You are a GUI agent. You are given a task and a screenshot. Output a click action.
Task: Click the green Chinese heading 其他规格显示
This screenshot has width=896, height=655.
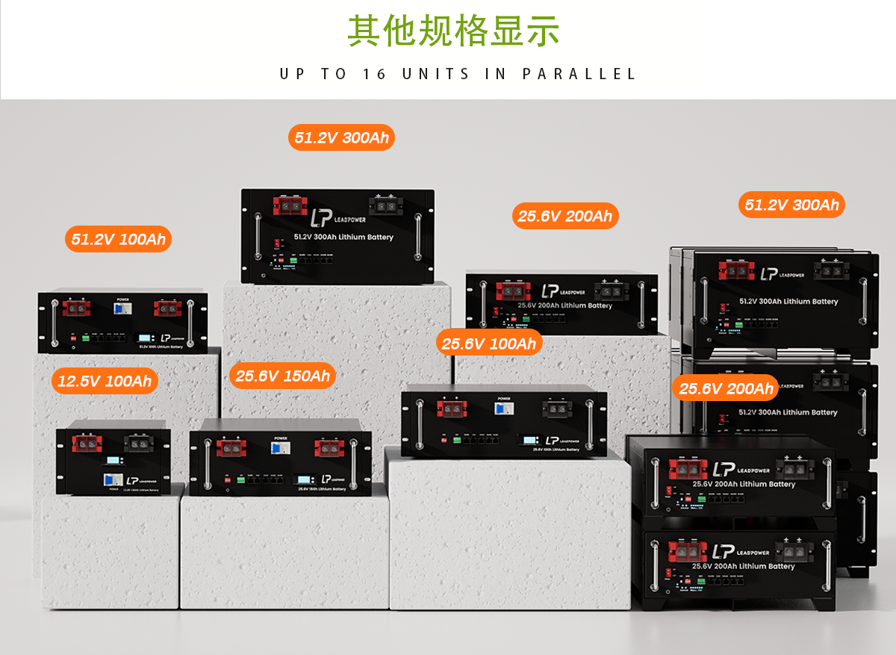click(453, 30)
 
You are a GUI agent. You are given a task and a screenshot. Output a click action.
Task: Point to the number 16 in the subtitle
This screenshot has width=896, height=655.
click(374, 74)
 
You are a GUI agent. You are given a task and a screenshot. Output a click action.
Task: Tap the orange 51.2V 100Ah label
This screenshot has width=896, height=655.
click(119, 240)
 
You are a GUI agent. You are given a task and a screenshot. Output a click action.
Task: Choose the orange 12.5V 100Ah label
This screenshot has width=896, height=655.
click(105, 382)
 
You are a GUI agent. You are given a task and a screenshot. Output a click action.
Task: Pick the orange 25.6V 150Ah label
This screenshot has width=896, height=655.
click(282, 376)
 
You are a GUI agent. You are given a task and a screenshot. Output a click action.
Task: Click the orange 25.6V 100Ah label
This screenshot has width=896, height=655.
click(488, 344)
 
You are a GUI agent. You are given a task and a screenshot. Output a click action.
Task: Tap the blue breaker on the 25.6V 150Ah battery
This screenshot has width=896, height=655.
click(280, 449)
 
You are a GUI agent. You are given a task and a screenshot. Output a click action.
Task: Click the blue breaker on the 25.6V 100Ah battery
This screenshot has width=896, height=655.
click(504, 408)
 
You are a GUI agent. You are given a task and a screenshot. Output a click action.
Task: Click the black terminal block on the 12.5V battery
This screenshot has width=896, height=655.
click(137, 444)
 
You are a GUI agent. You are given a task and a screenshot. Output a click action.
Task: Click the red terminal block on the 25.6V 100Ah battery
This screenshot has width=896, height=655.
click(451, 408)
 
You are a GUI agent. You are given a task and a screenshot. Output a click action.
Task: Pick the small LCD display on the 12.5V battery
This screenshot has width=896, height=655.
click(113, 460)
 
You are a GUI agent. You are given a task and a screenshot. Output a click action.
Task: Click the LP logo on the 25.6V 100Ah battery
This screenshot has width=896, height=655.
click(553, 441)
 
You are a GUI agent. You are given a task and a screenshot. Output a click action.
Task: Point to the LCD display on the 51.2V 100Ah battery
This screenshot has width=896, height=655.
click(146, 338)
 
